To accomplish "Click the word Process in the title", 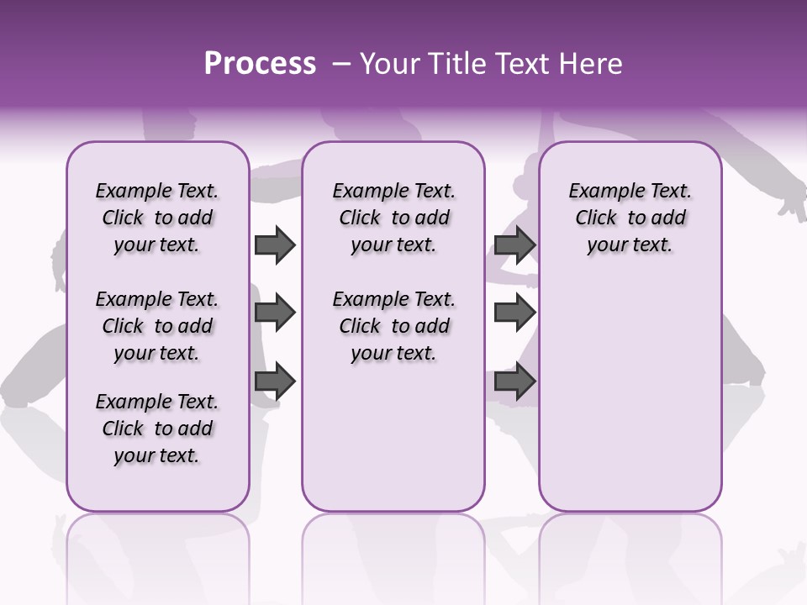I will tap(260, 64).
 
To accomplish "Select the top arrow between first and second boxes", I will tap(275, 245).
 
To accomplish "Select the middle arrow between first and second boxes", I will tap(275, 313).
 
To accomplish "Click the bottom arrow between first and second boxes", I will tap(275, 381).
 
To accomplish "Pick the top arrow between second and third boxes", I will tap(514, 245).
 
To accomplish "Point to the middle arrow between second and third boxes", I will tap(514, 313).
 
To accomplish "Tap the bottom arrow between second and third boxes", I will tap(514, 381).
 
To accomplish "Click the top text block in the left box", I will tap(157, 218).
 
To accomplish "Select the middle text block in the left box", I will tap(157, 326).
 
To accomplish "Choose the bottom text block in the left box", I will tap(157, 429).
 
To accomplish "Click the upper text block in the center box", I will tap(393, 218).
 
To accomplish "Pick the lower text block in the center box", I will tap(393, 326).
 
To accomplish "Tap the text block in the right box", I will tap(630, 218).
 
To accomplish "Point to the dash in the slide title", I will tap(340, 64).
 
